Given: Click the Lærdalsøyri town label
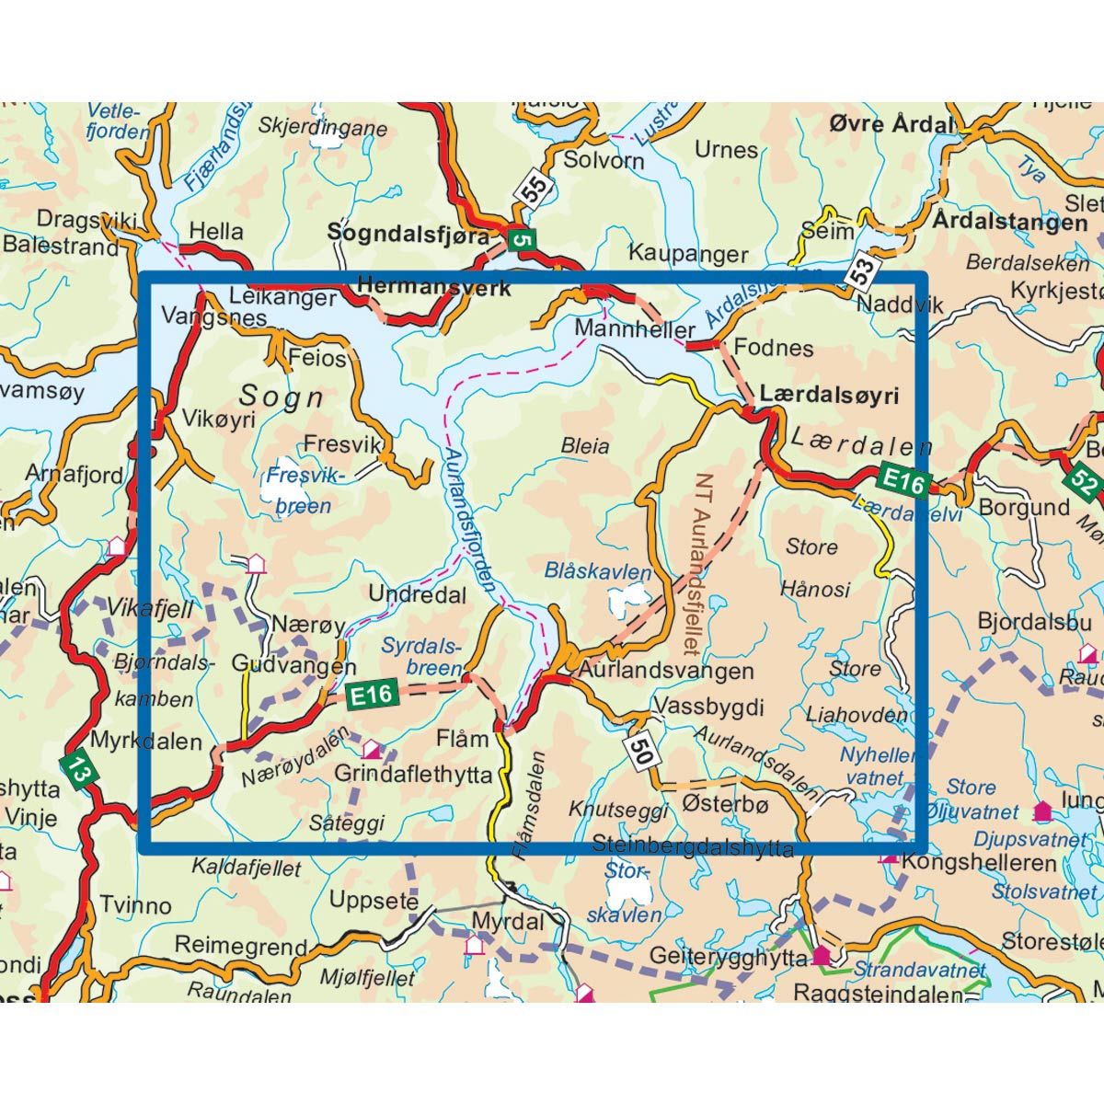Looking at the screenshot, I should coord(828,395).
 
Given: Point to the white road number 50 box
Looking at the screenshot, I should coord(641,750).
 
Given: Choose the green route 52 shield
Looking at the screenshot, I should coord(1082,480).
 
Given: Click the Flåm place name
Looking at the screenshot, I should coord(462,739).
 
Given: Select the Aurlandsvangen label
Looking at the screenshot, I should coord(666,671).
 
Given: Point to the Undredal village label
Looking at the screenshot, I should coord(417,594).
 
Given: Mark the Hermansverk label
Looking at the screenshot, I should coord(433,287).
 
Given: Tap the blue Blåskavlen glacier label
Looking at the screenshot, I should coord(597,571).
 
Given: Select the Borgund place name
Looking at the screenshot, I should coord(1024,507).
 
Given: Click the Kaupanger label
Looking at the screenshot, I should coord(687,254).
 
